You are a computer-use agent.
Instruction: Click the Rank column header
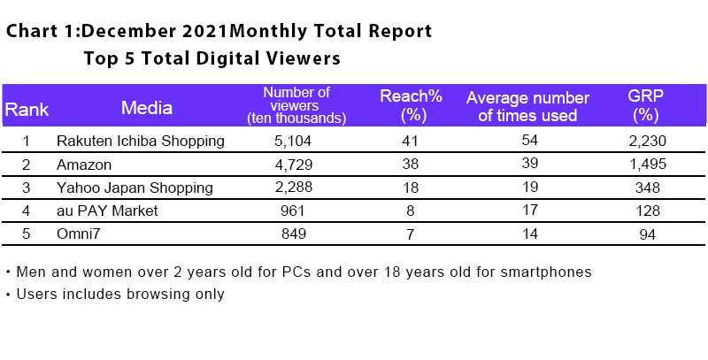coord(27,110)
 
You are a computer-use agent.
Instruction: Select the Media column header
coord(147,109)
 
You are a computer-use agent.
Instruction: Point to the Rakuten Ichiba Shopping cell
coord(140,141)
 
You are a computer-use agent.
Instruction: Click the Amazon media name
coord(82,165)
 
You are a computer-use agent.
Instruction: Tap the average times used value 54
coord(527,141)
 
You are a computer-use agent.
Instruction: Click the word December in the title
coord(127,32)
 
